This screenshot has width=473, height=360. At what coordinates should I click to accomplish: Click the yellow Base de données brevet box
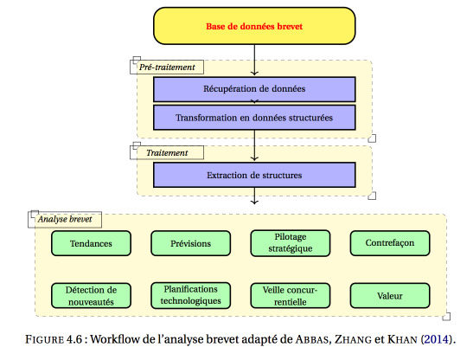pyautogui.click(x=254, y=26)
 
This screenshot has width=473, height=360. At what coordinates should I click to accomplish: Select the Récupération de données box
pyautogui.click(x=254, y=89)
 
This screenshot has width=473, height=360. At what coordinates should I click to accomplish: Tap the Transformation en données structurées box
pyautogui.click(x=254, y=118)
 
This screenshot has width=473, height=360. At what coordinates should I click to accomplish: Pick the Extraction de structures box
pyautogui.click(x=254, y=175)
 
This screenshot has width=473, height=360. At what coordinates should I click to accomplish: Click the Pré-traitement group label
pyautogui.click(x=167, y=67)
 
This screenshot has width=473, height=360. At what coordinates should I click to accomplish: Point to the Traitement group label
pyautogui.click(x=167, y=153)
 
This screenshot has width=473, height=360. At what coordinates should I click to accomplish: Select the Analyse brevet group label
pyautogui.click(x=65, y=219)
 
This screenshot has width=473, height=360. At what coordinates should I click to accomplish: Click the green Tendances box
pyautogui.click(x=91, y=243)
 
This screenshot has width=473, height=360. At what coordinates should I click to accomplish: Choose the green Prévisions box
pyautogui.click(x=190, y=243)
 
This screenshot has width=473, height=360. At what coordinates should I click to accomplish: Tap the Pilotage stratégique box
pyautogui.click(x=291, y=243)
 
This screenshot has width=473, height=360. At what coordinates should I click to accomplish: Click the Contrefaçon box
pyautogui.click(x=390, y=243)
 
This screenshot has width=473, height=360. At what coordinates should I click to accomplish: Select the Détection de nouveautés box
pyautogui.click(x=91, y=296)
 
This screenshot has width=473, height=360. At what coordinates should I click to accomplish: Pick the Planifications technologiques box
pyautogui.click(x=190, y=295)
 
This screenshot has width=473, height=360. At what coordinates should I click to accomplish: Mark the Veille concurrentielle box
pyautogui.click(x=291, y=296)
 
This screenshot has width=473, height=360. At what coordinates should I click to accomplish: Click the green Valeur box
pyautogui.click(x=390, y=296)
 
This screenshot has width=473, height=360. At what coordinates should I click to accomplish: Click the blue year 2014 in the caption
pyautogui.click(x=436, y=339)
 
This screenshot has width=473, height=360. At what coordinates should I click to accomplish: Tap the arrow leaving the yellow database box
pyautogui.click(x=254, y=60)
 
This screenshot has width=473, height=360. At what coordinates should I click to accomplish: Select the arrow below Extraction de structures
pyautogui.click(x=254, y=196)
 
